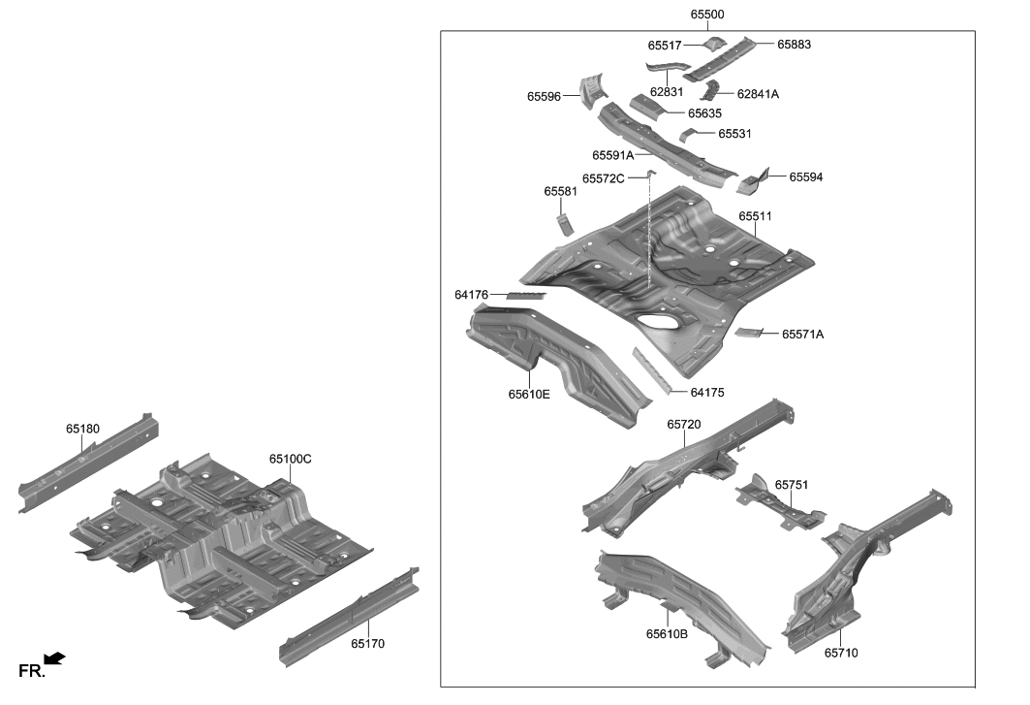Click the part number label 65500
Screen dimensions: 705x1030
(707, 15)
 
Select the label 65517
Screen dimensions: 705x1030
(665, 46)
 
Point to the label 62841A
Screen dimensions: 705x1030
(758, 94)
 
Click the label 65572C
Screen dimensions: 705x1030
(603, 178)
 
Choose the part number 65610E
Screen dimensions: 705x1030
(529, 394)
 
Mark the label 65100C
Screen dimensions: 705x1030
(291, 459)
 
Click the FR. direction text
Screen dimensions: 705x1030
(31, 671)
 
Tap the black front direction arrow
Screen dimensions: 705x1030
(55, 658)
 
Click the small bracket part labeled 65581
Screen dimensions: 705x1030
(563, 224)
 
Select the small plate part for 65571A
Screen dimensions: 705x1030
(747, 333)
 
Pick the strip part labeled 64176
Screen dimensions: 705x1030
(526, 295)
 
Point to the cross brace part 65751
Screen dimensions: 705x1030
(781, 503)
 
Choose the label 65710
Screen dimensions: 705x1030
(841, 653)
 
